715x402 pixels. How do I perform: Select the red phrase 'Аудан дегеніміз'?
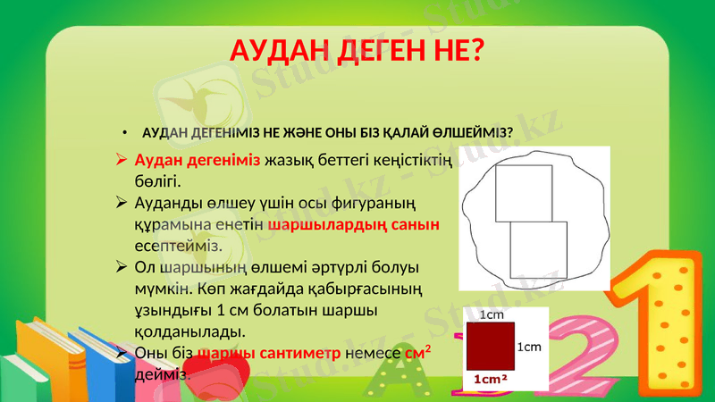[x=198, y=162]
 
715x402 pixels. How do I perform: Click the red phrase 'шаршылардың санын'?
[x=354, y=225]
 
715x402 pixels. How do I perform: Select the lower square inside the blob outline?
[x=539, y=250]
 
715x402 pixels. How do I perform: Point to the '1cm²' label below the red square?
[x=491, y=380]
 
